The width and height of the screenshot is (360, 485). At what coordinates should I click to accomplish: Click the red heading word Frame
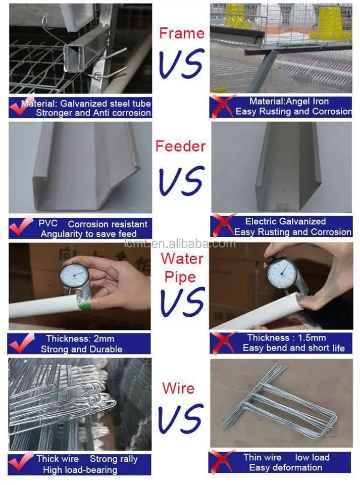click(182, 33)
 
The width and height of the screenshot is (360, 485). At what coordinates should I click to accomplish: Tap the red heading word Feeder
click(180, 147)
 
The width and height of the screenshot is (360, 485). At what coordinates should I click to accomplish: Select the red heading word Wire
click(178, 389)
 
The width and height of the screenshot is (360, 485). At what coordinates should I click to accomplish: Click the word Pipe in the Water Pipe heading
click(180, 277)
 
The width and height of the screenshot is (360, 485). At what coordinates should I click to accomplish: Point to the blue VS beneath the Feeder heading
click(182, 181)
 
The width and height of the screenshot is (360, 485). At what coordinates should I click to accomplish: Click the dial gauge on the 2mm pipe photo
click(74, 275)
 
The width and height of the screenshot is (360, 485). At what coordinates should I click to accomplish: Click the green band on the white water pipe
click(86, 307)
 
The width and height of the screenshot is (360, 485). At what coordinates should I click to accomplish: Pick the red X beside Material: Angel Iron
click(222, 106)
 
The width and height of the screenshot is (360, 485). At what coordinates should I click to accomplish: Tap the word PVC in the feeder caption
click(48, 223)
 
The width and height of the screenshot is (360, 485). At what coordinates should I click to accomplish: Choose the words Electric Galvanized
click(286, 221)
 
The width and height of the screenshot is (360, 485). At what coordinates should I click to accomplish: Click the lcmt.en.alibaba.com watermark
click(180, 244)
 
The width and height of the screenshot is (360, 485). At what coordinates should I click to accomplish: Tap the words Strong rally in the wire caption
click(114, 459)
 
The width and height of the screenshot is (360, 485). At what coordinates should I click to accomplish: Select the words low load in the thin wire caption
click(312, 457)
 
